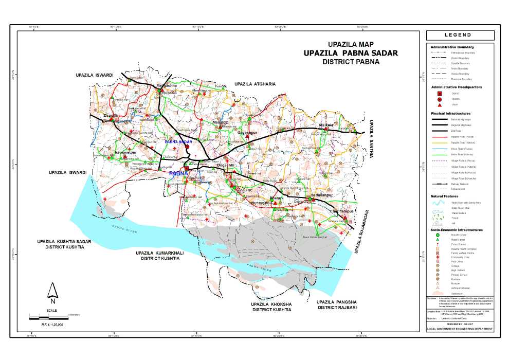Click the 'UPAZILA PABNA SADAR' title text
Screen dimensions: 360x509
coord(350,53)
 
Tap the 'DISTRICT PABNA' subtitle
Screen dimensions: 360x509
coord(351,62)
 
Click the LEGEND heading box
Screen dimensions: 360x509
coord(460,35)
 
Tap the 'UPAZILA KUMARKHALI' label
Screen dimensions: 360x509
coord(160,254)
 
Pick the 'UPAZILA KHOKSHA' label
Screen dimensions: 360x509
coord(271,304)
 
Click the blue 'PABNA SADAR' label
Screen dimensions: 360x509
coord(178,141)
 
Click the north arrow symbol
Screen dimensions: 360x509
coord(52,293)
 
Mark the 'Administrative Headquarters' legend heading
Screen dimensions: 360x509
coord(456,87)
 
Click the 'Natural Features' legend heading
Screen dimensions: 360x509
coord(445,196)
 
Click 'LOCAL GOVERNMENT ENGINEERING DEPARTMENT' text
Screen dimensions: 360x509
coord(460,329)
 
